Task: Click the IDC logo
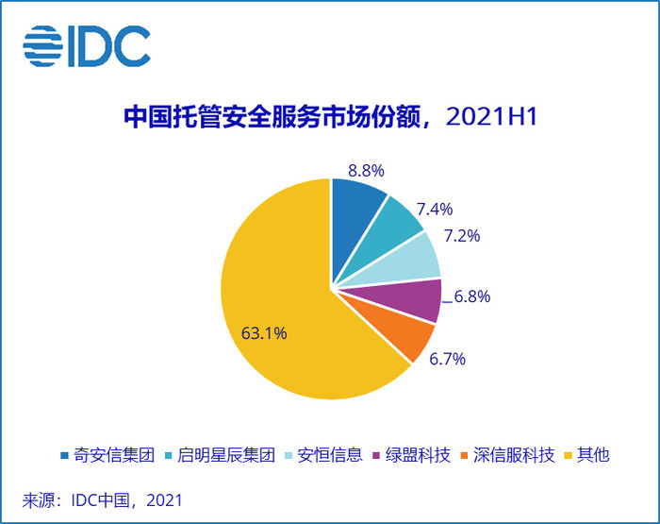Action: point(87,45)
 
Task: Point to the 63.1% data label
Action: point(264,332)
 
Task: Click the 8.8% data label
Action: point(366,171)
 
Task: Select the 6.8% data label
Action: point(471,296)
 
